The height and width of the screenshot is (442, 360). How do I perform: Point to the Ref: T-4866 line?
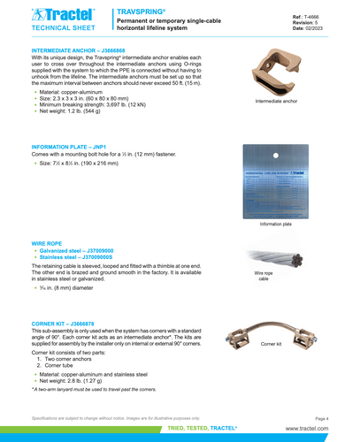click(310, 16)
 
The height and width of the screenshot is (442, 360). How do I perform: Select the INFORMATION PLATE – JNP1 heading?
click(69, 146)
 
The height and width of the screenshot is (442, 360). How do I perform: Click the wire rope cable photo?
click(274, 257)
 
